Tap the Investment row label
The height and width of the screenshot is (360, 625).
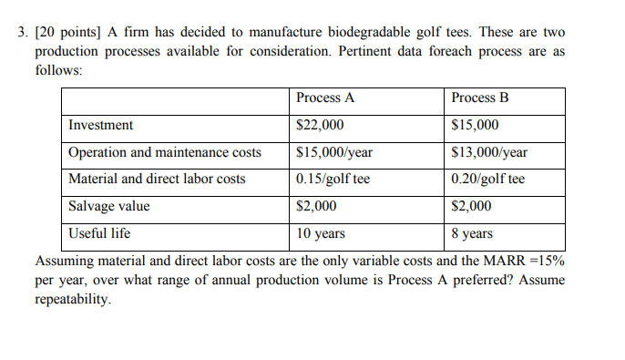[100, 125]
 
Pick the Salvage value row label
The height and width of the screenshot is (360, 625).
[109, 206]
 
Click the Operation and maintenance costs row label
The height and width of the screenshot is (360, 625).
[165, 152]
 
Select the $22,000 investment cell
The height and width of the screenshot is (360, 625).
[321, 125]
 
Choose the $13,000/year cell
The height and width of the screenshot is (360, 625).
[489, 152]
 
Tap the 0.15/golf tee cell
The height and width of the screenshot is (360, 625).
[333, 179]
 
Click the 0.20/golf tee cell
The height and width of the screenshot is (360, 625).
[488, 179]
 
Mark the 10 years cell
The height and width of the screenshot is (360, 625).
[321, 233]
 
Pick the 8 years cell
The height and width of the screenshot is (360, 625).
[472, 233]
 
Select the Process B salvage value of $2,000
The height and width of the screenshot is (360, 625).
[472, 206]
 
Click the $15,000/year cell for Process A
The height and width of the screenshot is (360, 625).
[334, 152]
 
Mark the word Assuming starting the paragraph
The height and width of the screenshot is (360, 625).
[65, 262]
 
